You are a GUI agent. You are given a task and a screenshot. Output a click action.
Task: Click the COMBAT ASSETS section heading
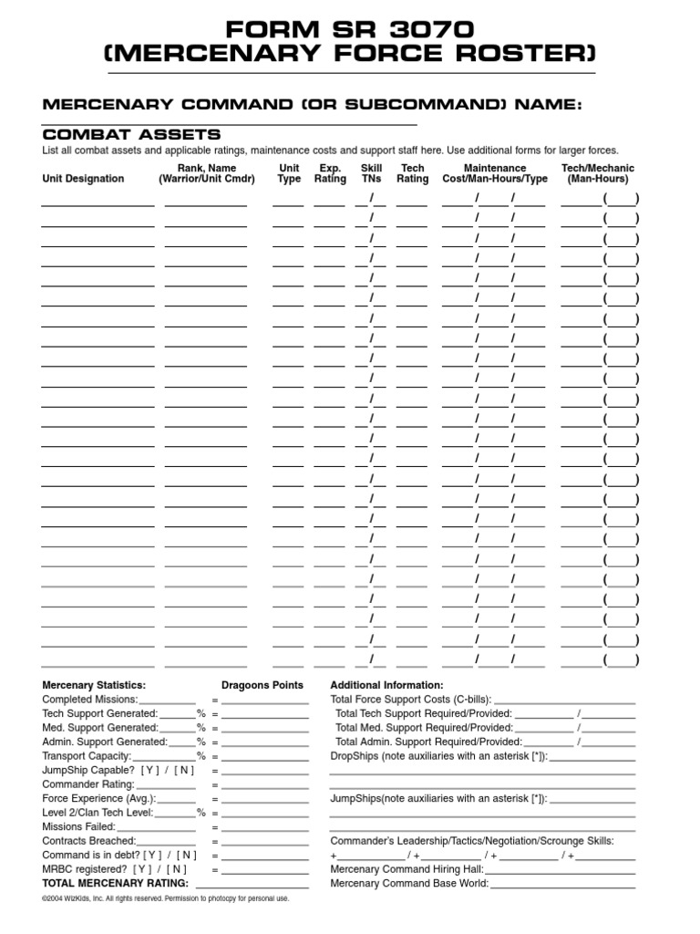[131, 134]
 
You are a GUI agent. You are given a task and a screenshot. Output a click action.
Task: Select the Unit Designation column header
[83, 179]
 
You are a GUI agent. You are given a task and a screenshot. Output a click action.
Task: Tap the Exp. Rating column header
[330, 173]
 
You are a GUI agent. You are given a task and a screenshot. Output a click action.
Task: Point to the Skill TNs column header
[371, 173]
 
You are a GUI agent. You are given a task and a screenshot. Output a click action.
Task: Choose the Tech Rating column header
[412, 173]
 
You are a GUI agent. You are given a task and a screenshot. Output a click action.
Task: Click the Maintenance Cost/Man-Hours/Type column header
[495, 173]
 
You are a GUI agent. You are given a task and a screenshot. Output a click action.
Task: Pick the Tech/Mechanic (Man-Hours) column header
[598, 173]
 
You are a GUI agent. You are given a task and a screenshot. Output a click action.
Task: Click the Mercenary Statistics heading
[94, 685]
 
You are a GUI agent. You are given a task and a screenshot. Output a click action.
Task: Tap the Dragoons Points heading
[262, 685]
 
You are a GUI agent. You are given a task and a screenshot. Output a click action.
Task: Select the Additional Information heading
[386, 685]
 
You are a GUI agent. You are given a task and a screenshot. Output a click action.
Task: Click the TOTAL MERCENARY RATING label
[116, 884]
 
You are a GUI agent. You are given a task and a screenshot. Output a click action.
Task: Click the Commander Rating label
[88, 784]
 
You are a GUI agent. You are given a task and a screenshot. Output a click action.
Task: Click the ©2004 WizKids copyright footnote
[165, 899]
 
